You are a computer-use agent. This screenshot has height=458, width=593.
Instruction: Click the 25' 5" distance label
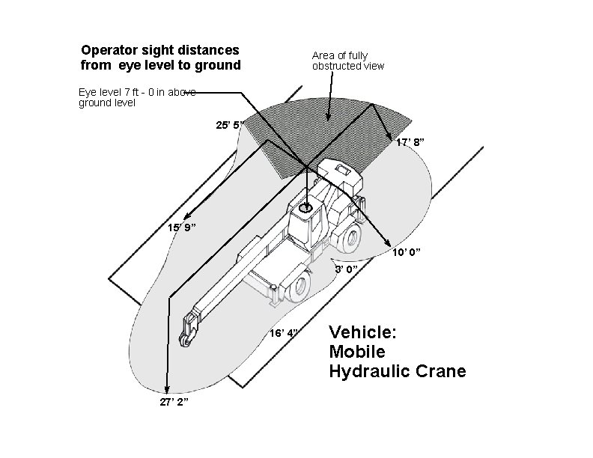pos(229,125)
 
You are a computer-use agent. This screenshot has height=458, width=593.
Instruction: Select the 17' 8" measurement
pos(411,142)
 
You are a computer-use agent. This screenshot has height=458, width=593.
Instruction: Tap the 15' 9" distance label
pos(182,227)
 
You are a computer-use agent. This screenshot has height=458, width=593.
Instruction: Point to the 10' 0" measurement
pos(407,253)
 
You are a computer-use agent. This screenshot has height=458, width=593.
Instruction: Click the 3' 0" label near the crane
pos(346,268)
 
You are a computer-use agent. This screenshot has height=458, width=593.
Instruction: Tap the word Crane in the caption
pos(442,371)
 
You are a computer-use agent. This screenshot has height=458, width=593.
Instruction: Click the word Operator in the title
pos(112,50)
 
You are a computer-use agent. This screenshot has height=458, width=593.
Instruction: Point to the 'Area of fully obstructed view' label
pos(348,61)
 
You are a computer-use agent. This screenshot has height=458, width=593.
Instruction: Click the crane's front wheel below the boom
pos(300,287)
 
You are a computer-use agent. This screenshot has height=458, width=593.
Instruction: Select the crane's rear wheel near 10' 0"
pos(350,238)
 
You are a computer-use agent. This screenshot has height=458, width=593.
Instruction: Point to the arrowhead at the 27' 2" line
pos(168,388)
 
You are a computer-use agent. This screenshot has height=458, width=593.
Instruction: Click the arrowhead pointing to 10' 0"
pos(387,243)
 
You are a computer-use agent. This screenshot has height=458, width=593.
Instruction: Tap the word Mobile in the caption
pos(357,352)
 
